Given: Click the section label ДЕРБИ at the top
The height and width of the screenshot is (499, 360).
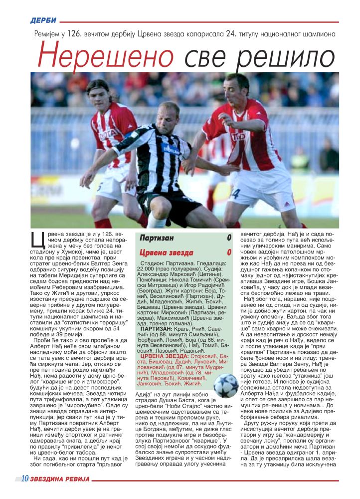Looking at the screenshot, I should point(43,20).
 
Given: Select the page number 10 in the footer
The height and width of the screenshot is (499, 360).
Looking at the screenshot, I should point(24,479).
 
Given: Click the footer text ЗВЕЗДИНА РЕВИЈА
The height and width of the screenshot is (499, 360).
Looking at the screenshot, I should point(60,479).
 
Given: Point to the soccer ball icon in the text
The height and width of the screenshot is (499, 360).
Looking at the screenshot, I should point(226,385).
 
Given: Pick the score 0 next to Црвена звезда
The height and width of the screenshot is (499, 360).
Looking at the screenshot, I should point(229,251).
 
